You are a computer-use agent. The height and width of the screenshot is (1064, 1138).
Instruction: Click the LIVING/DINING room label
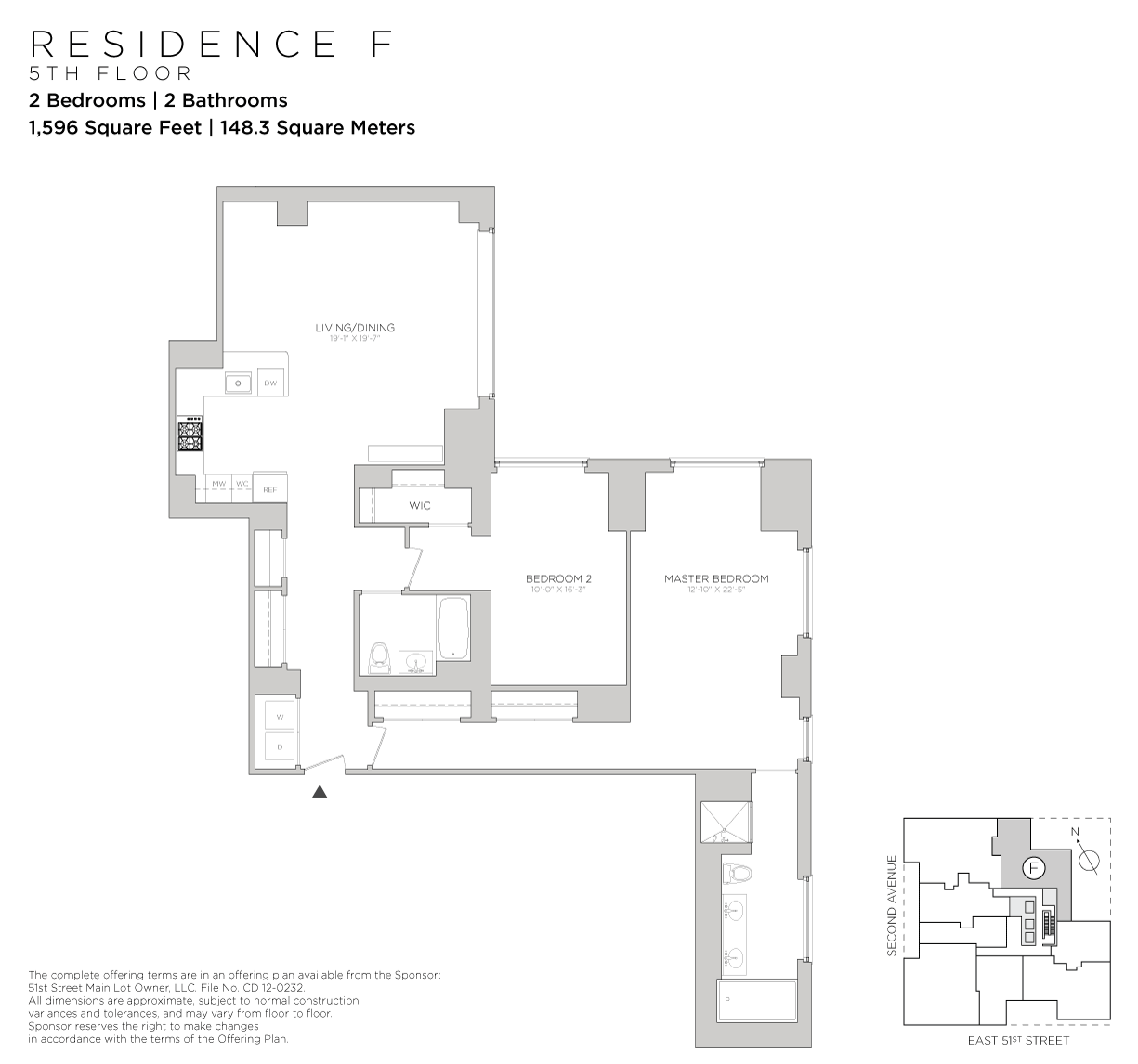point(355,328)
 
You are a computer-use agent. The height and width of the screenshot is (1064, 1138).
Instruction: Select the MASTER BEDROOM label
point(716,578)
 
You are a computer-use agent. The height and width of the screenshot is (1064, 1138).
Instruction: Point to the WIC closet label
point(420,506)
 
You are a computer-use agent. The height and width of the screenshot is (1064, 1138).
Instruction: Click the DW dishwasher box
point(270,383)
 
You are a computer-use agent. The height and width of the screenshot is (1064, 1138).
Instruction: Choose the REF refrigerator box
point(270,489)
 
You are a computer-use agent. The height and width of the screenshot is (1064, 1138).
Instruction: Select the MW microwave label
point(219,484)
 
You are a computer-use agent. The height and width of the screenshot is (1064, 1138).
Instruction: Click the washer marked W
point(279,716)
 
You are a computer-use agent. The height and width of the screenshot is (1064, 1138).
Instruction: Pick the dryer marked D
point(279,746)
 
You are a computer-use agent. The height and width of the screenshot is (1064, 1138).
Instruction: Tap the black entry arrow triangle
point(319,792)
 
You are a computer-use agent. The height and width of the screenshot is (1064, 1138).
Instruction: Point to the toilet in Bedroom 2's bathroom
point(379,658)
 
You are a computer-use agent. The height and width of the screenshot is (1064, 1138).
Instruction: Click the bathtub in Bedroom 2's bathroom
point(453,629)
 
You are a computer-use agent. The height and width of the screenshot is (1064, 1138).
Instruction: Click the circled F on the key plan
point(1033,868)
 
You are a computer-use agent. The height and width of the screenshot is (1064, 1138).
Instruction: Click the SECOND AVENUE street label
point(892,905)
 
